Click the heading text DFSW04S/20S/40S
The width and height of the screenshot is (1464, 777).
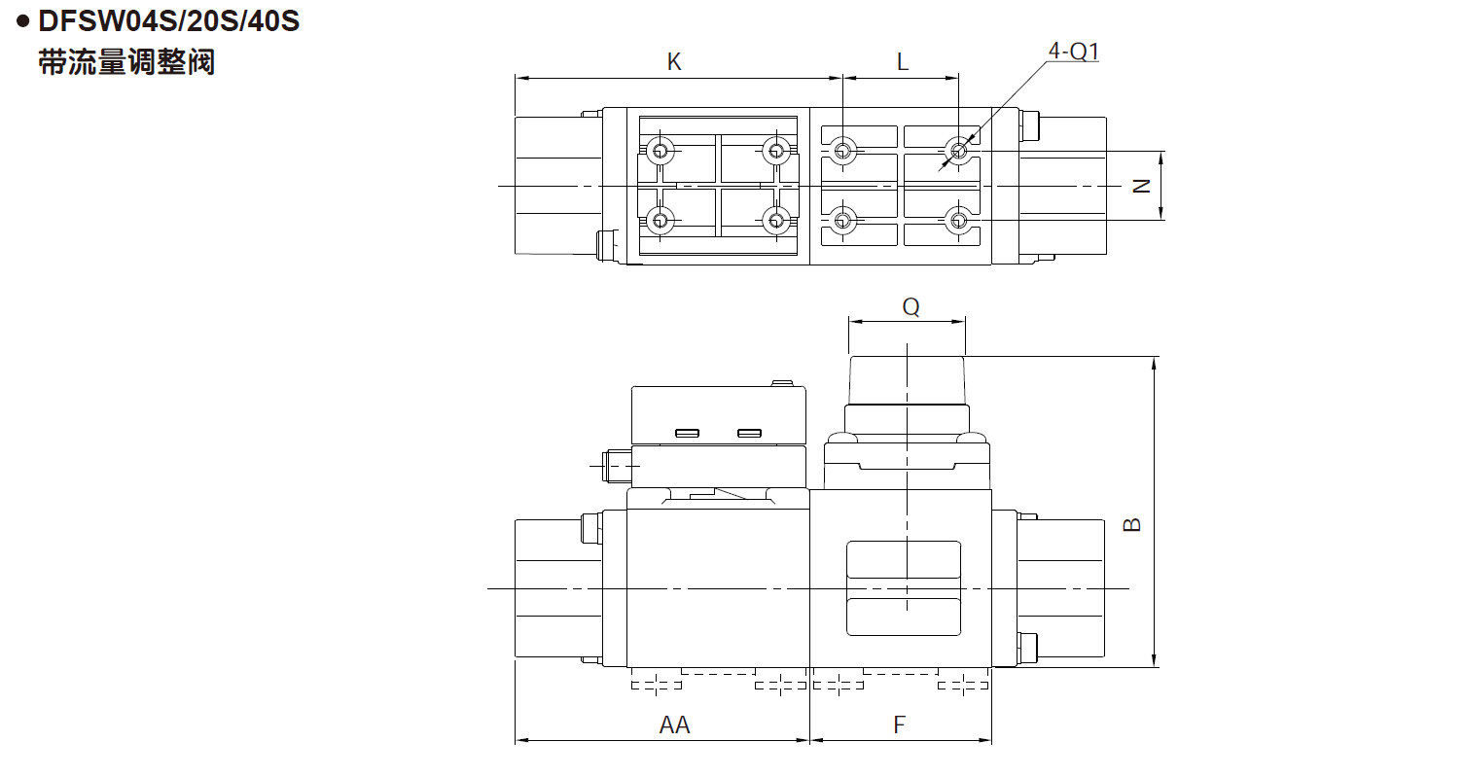168,21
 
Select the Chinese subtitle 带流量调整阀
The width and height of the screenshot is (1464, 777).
126,63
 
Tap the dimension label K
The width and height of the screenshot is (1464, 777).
674,62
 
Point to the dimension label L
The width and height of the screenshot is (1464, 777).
903,62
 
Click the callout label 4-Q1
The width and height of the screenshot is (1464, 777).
1074,51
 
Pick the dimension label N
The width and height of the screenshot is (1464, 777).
1142,187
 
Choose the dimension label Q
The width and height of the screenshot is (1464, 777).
911,306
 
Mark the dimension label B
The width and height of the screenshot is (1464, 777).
1132,524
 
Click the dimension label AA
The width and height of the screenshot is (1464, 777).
674,724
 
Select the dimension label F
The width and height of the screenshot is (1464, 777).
899,724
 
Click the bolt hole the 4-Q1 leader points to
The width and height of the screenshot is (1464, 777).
959,152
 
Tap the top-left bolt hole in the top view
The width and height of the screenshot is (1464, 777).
661,152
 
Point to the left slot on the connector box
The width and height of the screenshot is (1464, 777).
687,434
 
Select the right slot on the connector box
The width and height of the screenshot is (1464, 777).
749,434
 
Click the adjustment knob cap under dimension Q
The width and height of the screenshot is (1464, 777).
907,380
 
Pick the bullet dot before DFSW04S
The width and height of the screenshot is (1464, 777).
23,21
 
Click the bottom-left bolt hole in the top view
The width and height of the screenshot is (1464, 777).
661,220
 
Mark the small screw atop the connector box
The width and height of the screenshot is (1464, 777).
782,383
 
